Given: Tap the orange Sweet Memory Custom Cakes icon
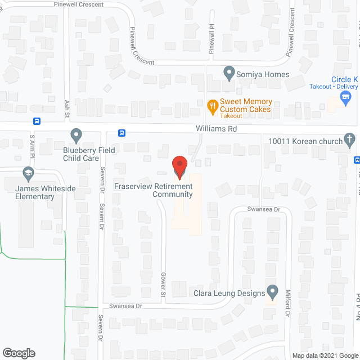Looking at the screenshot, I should pyautogui.click(x=212, y=105).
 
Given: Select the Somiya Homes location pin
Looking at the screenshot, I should pyautogui.click(x=229, y=73).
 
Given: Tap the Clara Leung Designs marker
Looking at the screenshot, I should pyautogui.click(x=273, y=292).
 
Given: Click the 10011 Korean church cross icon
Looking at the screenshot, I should pyautogui.click(x=349, y=139).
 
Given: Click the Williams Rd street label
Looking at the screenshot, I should pyautogui.click(x=217, y=129).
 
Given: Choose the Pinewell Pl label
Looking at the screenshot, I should pyautogui.click(x=212, y=37).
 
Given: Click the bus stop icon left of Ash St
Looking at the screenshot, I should pyautogui.click(x=37, y=121).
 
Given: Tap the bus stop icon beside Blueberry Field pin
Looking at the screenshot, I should pyautogui.click(x=121, y=133).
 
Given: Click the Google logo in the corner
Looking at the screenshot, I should pyautogui.click(x=18, y=353).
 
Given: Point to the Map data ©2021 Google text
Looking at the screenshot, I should pyautogui.click(x=324, y=355).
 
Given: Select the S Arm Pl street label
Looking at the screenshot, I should pyautogui.click(x=32, y=143).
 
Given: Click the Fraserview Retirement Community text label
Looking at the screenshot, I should pyautogui.click(x=153, y=190).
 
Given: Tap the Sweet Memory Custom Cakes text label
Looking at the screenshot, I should pyautogui.click(x=246, y=105).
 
